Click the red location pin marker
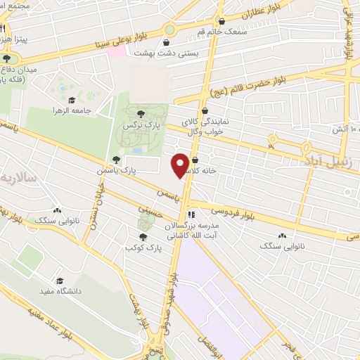point(181,165)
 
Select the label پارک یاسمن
point(116,171)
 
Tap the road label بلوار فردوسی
point(235,214)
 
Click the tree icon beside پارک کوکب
point(143,237)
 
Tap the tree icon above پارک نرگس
point(141,112)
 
